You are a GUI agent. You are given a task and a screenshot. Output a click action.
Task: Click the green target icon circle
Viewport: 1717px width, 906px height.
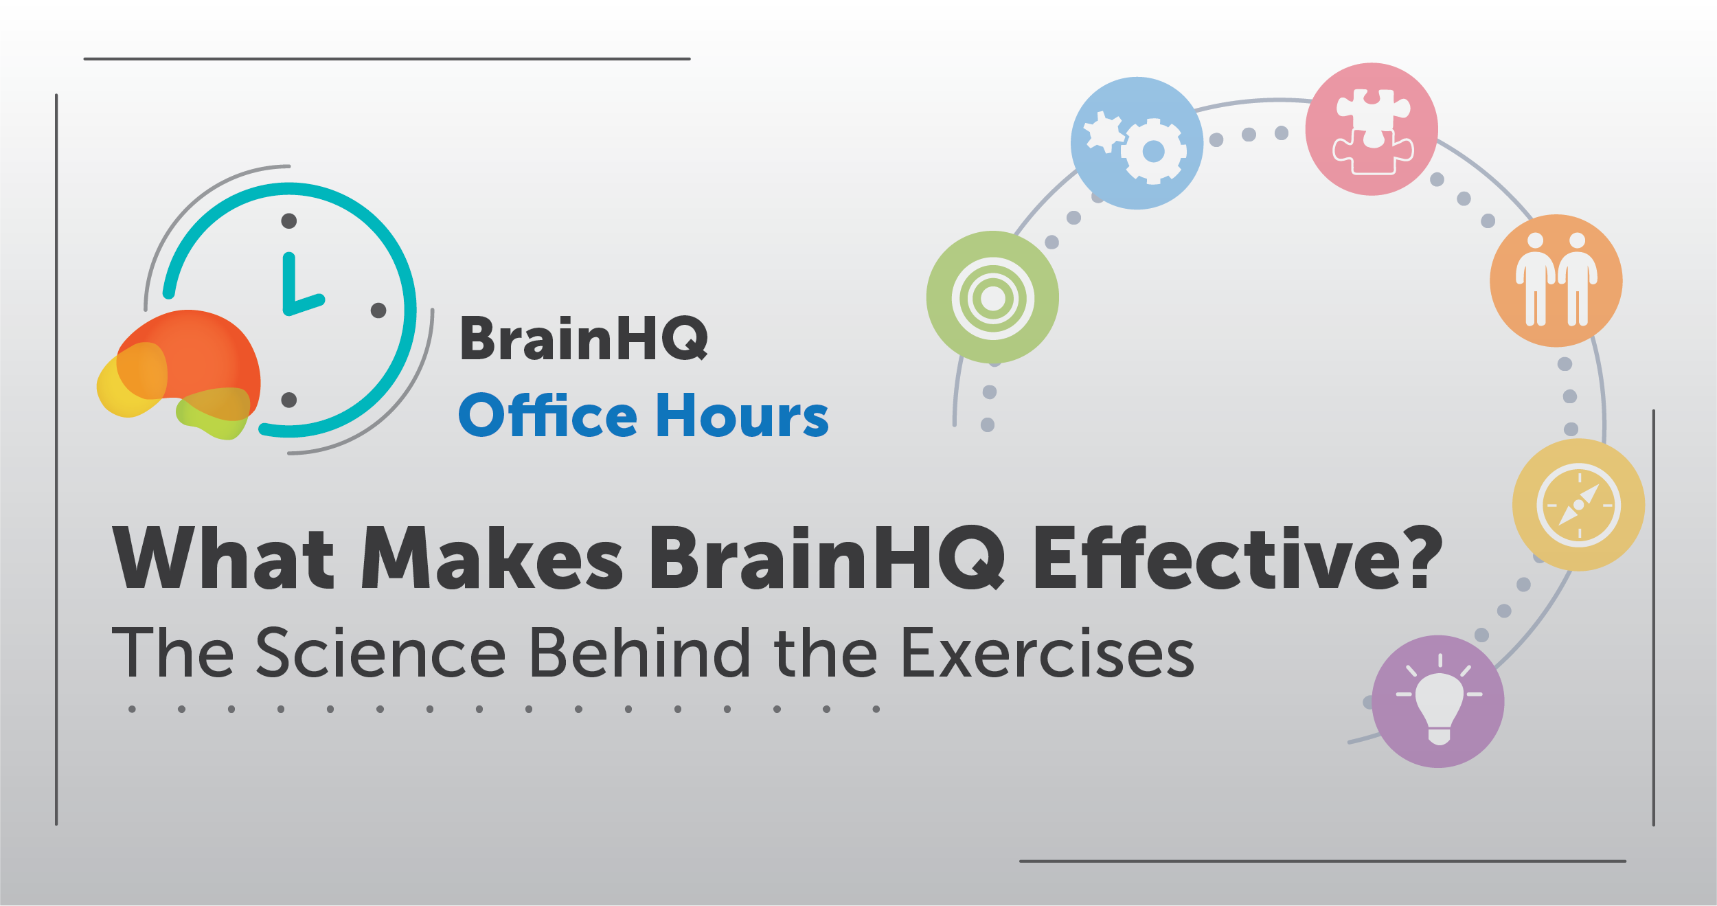[x=992, y=297]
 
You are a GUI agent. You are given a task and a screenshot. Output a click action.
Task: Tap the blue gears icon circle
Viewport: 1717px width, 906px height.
[x=1137, y=143]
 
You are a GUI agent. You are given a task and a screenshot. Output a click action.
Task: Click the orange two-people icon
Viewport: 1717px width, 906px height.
[x=1556, y=280]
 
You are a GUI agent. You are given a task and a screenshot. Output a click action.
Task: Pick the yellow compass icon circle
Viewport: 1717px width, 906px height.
[x=1578, y=505]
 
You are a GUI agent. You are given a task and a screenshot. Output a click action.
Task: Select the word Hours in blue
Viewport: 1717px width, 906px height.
[x=742, y=415]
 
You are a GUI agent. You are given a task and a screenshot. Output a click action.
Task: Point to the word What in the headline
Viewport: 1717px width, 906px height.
[x=224, y=557]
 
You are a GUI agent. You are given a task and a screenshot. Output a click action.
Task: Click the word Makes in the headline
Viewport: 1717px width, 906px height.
[x=492, y=557]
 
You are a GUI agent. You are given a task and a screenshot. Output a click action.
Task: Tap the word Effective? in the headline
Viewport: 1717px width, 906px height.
[x=1238, y=557]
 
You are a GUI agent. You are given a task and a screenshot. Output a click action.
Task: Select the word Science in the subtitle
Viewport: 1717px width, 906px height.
[x=381, y=653]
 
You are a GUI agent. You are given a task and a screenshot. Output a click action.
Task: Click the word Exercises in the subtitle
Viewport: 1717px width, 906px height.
[x=1047, y=653]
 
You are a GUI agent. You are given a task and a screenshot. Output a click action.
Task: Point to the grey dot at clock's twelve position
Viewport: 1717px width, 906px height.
[x=289, y=220]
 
